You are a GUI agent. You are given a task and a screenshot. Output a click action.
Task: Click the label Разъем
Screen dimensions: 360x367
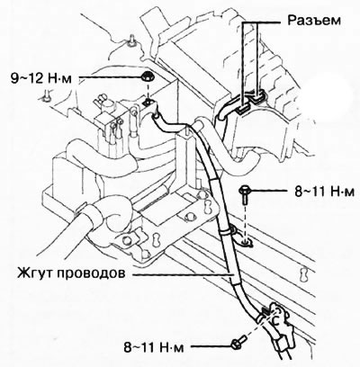tap(314, 21)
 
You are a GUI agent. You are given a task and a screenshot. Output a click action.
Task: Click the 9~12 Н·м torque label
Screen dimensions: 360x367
tap(41, 79)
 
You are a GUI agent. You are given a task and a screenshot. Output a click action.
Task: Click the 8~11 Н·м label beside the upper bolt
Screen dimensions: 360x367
tap(324, 192)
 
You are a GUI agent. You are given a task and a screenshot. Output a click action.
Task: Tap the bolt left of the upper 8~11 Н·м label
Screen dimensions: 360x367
tap(245, 193)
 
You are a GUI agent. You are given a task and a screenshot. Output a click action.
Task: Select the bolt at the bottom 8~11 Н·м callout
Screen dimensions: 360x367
tap(238, 342)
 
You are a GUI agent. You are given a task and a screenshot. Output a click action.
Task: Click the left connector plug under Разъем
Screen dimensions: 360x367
tap(245, 108)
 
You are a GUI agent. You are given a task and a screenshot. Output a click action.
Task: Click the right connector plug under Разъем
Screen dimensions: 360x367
tap(258, 96)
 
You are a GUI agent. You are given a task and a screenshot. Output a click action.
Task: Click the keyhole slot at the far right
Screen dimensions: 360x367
tap(304, 273)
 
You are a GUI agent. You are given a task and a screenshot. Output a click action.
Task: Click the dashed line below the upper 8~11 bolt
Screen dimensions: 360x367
tap(245, 221)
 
